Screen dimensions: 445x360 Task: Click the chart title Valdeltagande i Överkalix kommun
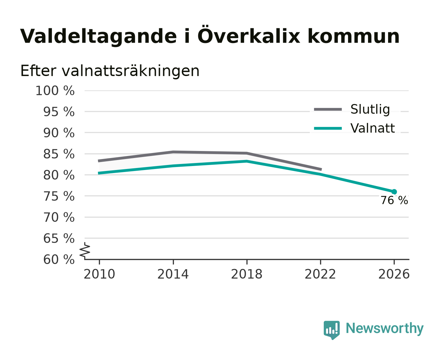coord(210,36)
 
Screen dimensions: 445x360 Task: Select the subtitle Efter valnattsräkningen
coord(110,71)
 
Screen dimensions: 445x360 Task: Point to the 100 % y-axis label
coord(55,91)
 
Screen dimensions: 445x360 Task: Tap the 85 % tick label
coord(59,154)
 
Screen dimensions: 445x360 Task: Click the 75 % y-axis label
coord(59,196)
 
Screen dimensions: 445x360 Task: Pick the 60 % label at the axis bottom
coord(59,259)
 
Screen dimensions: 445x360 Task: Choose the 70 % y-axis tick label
coord(59,217)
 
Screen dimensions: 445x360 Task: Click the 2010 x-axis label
coord(99,274)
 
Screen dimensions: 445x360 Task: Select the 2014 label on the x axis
coord(173,274)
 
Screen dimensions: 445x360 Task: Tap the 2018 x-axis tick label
coord(247,274)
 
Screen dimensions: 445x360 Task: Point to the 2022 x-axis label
coord(320,274)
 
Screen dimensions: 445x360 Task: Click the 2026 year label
coord(394,274)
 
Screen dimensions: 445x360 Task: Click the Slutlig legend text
coord(370,109)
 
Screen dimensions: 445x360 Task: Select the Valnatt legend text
coord(373,128)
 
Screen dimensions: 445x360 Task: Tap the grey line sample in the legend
coord(328,109)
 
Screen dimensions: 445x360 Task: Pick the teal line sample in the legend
coord(328,128)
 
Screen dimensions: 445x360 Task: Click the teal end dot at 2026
coord(394,192)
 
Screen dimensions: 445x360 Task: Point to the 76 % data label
coord(394,200)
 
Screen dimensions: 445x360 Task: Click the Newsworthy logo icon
coord(332,330)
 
